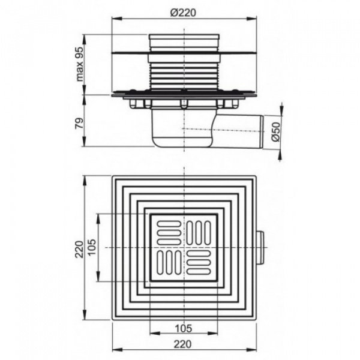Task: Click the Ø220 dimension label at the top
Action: [x=184, y=10]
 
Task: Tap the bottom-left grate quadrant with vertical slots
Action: [x=169, y=262]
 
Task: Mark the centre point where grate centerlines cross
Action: [x=184, y=247]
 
